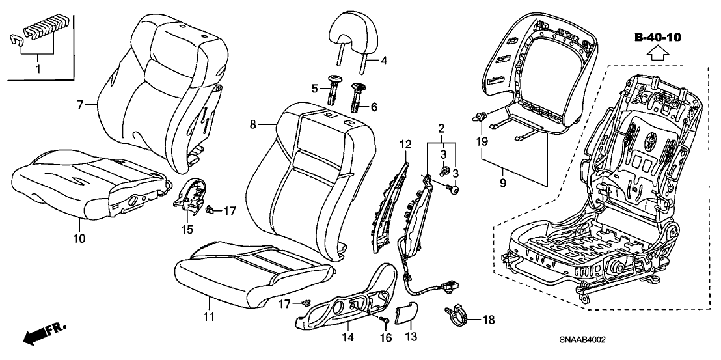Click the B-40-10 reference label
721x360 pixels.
(657, 38)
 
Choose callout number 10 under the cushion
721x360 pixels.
(78, 238)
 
